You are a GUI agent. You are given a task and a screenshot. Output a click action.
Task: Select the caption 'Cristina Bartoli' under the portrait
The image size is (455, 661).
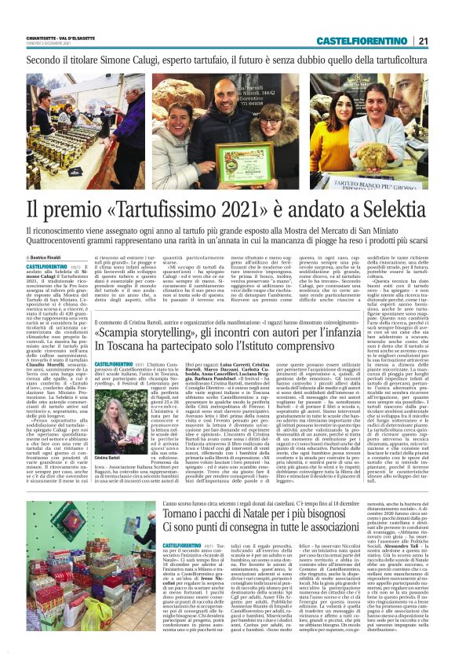tap(107, 436)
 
